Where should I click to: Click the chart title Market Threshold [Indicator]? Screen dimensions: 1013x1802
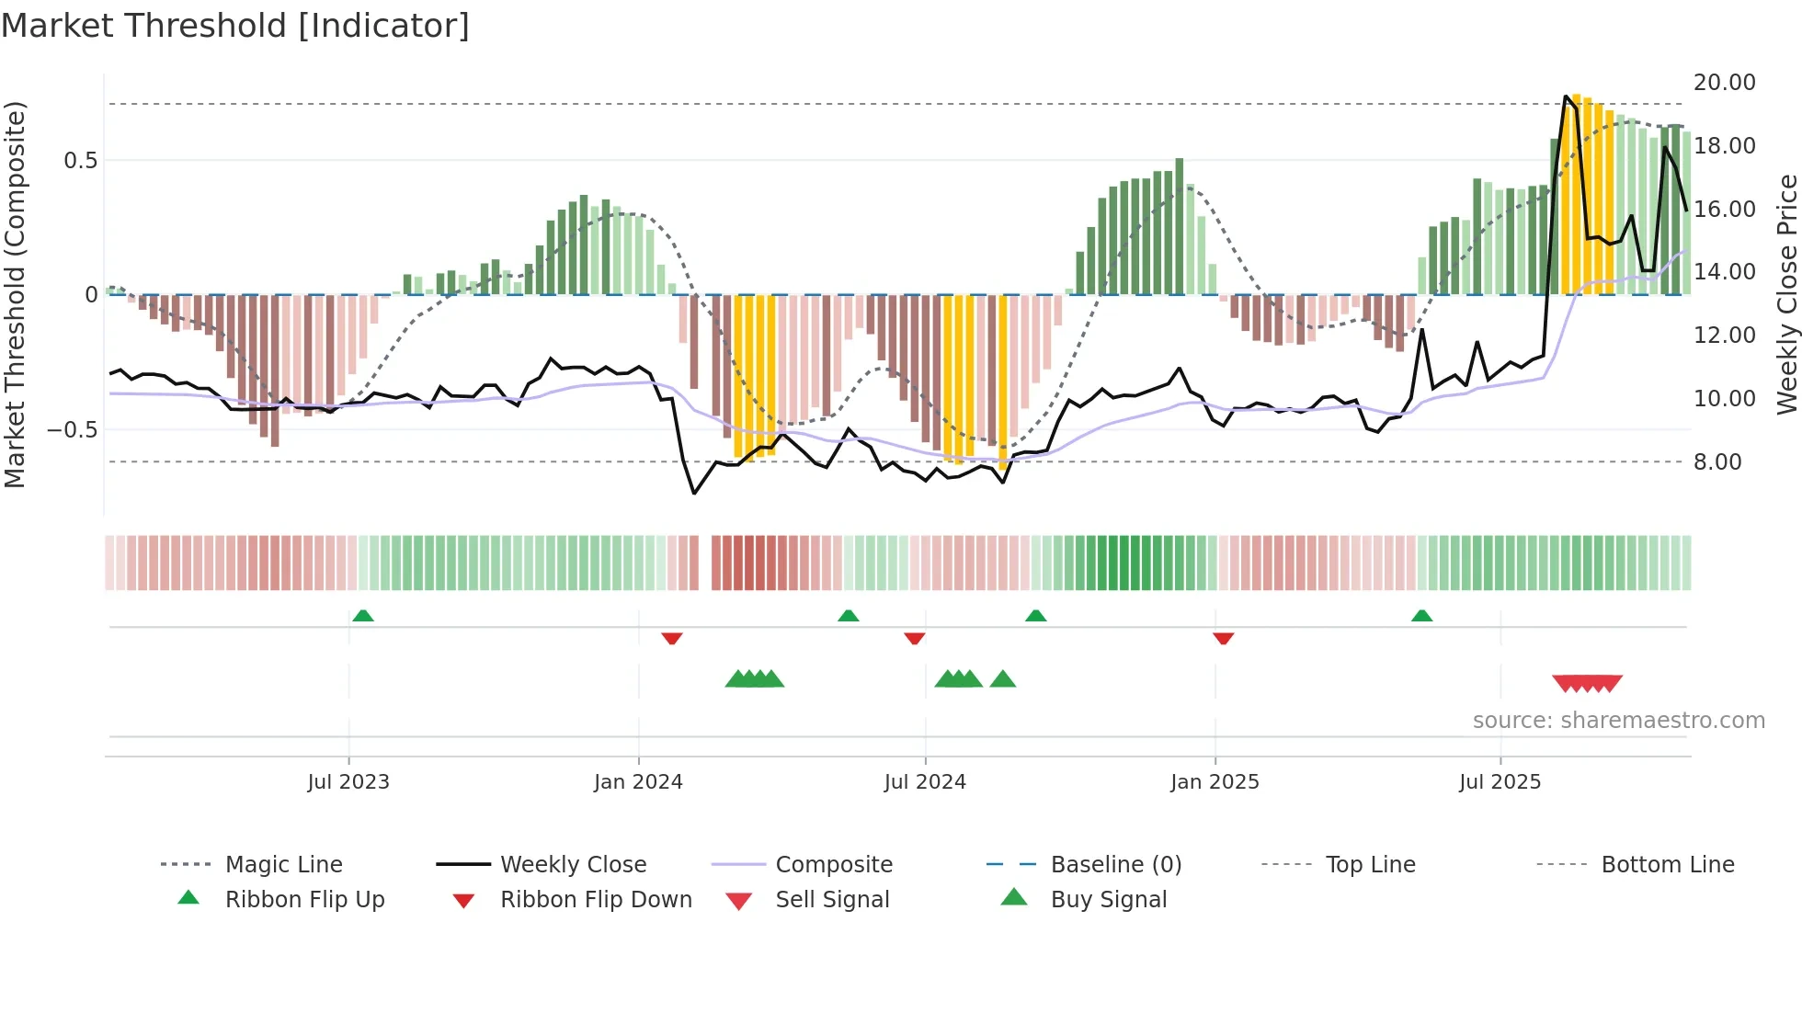[235, 26]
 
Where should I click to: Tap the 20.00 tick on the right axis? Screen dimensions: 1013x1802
[1724, 83]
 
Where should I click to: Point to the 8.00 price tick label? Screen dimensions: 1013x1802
[1717, 462]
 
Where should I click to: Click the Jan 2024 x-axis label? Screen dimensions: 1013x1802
[638, 782]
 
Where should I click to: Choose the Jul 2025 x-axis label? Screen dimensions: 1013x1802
[1500, 782]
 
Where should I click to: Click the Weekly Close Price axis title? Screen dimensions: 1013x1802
[1786, 294]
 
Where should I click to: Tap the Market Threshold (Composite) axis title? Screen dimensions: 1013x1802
[15, 294]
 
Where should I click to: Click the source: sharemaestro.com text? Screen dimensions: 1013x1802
[1618, 721]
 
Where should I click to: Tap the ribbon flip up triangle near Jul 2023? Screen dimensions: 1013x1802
[363, 616]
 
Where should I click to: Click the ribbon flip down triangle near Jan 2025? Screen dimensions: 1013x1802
[1223, 638]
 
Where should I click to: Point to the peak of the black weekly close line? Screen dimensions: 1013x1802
[1566, 97]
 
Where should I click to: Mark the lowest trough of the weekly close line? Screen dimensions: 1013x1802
[694, 494]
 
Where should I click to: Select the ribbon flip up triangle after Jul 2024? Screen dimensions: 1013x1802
[1036, 616]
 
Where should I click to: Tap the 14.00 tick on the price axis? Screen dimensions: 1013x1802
[1724, 272]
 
